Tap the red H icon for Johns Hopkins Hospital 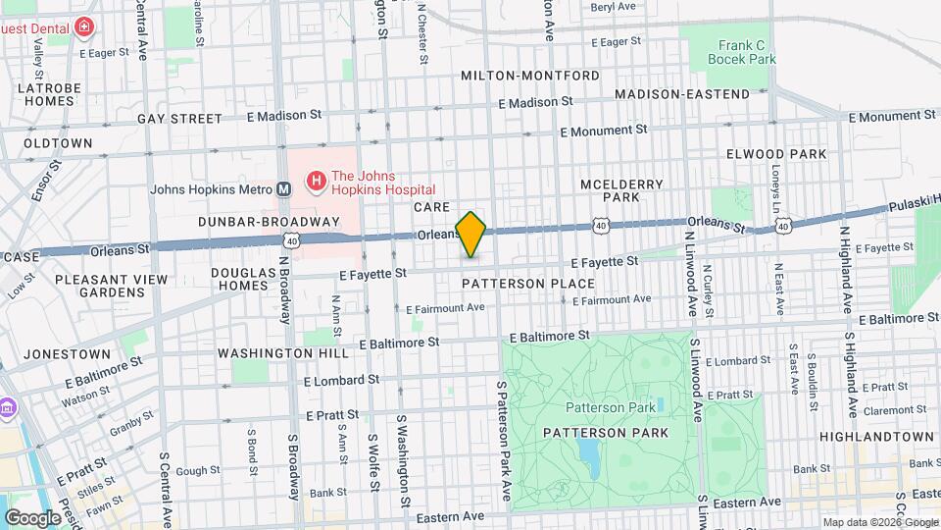coord(316,181)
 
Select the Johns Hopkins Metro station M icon coord(283,189)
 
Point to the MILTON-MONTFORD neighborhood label coord(529,76)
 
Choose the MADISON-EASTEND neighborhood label coord(681,94)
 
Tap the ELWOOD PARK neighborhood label coord(776,154)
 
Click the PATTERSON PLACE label coord(528,284)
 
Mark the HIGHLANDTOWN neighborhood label coord(876,436)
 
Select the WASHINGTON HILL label coord(282,353)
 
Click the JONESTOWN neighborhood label coord(67,354)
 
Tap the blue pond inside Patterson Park coord(589,451)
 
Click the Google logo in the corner coord(32,517)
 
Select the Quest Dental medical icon coord(84,26)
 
